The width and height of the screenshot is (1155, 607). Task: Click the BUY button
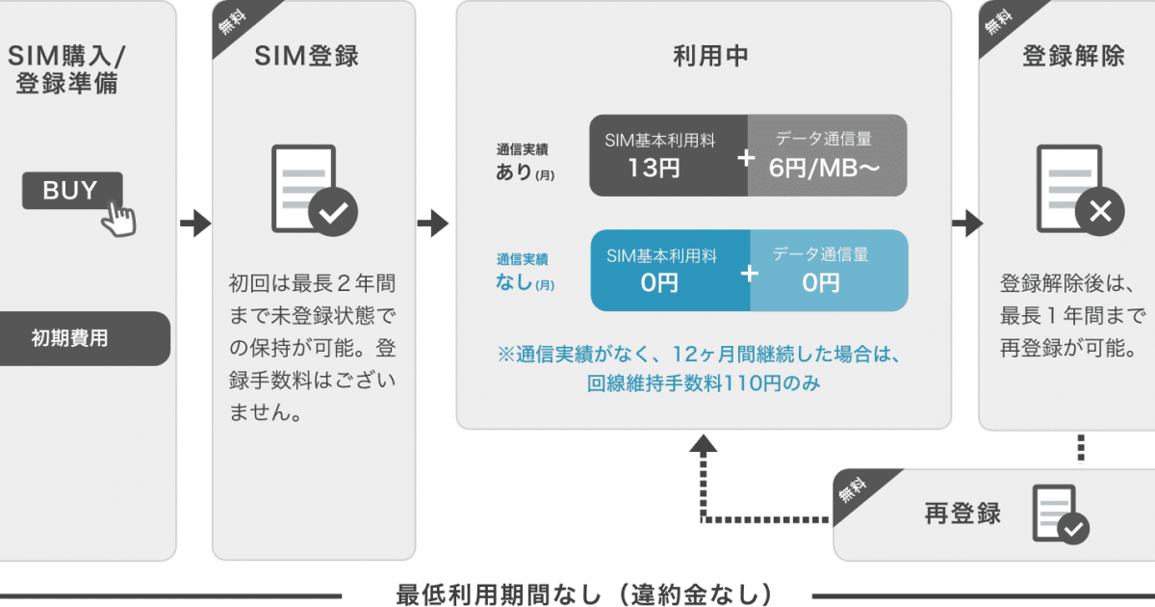coord(72,191)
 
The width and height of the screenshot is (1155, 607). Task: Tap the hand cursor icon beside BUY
coord(119,219)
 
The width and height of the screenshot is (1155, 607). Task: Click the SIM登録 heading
coord(306,56)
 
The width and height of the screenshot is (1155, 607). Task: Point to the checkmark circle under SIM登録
coord(333,212)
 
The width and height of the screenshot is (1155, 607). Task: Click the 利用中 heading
coord(710,56)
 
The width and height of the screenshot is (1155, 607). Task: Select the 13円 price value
coord(654,169)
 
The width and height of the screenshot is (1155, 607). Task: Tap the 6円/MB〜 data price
coord(824,169)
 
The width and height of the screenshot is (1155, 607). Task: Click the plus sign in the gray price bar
coord(746,158)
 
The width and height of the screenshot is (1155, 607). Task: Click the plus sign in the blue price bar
coord(749,274)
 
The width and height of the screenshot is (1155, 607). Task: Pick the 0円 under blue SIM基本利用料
coord(659,283)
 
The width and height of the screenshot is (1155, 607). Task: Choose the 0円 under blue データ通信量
coord(820,283)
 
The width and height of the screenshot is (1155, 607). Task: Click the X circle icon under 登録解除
coord(1100,211)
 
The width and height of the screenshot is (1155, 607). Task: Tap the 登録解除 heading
coord(1073,56)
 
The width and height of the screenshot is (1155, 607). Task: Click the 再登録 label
coord(962,514)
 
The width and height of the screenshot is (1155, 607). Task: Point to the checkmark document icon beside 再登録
coord(1061,515)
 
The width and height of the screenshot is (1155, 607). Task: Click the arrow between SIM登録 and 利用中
coord(433,224)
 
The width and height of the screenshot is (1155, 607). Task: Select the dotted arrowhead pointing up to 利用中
coord(704,444)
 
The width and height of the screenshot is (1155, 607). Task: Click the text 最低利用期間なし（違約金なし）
coord(584,594)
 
